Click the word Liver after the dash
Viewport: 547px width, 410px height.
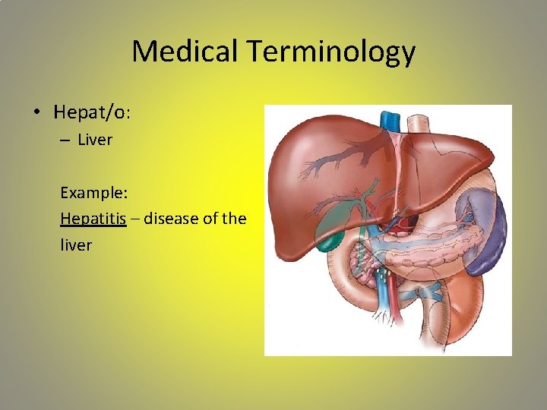95,140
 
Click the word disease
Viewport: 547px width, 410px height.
172,219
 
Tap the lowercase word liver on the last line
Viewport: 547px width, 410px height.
76,245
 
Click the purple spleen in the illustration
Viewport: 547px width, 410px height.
487,228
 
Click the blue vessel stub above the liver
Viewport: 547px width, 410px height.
390,119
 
